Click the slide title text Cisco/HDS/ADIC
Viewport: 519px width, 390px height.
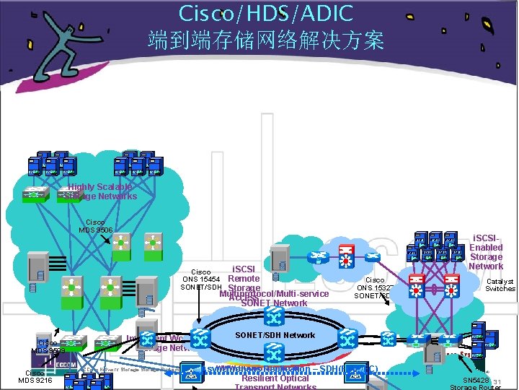[266, 13]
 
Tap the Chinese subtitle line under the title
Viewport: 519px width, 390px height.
[266, 40]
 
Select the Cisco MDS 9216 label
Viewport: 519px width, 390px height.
[35, 377]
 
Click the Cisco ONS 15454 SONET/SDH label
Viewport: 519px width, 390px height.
[200, 279]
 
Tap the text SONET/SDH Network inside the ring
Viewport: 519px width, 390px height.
[275, 335]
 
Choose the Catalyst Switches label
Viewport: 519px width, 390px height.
[500, 285]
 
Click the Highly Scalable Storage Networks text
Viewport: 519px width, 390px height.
[102, 191]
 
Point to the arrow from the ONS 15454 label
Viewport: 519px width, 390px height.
[198, 306]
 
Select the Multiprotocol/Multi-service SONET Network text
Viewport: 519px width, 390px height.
[275, 298]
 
